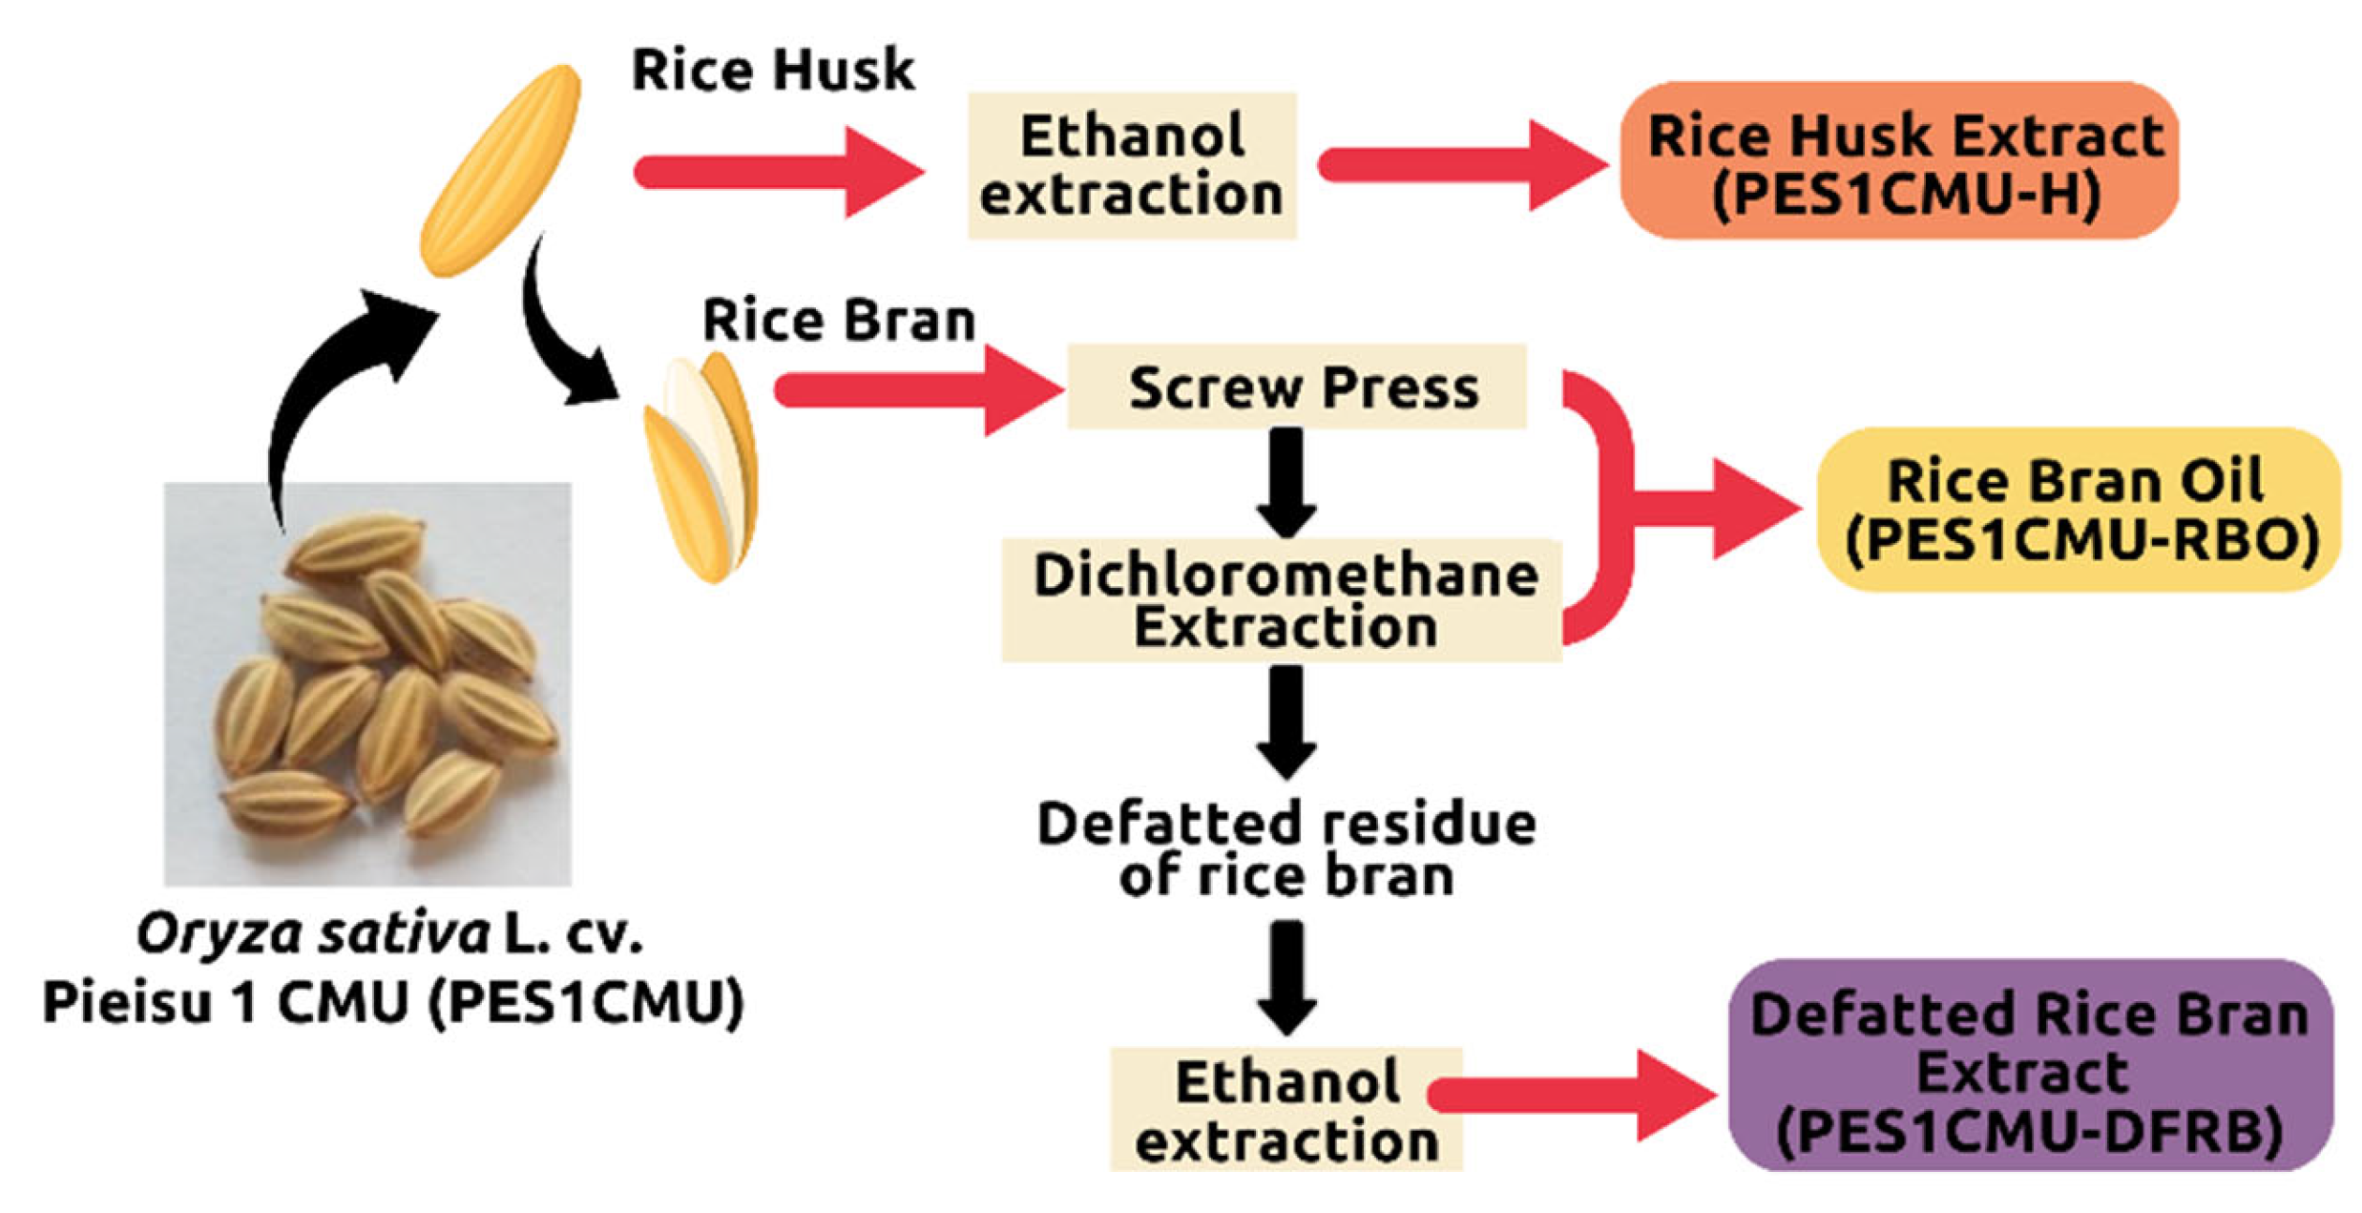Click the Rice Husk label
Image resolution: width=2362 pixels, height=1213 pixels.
coord(772,70)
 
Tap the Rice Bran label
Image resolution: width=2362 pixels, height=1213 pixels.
coord(839,320)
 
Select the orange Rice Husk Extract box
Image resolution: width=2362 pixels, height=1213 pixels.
coord(1899,160)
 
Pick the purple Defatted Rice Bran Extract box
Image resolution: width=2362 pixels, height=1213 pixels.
coord(2031,1065)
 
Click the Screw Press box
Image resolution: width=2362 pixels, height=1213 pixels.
coord(1297,387)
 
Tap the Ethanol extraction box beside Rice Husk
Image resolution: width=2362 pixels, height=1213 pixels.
coord(1132,165)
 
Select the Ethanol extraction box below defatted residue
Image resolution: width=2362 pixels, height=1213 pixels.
coord(1286,1110)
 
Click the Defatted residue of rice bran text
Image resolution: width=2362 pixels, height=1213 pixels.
coord(1286,849)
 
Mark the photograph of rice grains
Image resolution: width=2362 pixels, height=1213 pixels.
coord(367,684)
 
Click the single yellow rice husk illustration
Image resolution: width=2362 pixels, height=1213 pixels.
coord(500,170)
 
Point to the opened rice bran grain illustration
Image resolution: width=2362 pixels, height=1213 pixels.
coord(701,468)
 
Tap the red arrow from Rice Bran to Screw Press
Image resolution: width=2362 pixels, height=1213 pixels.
coord(919,390)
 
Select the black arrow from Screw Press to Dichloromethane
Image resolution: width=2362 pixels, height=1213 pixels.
coord(1286,483)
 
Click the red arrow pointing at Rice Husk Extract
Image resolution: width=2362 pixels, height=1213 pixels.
coord(1463,165)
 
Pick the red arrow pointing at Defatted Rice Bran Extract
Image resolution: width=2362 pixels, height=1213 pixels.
coord(1575,1096)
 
